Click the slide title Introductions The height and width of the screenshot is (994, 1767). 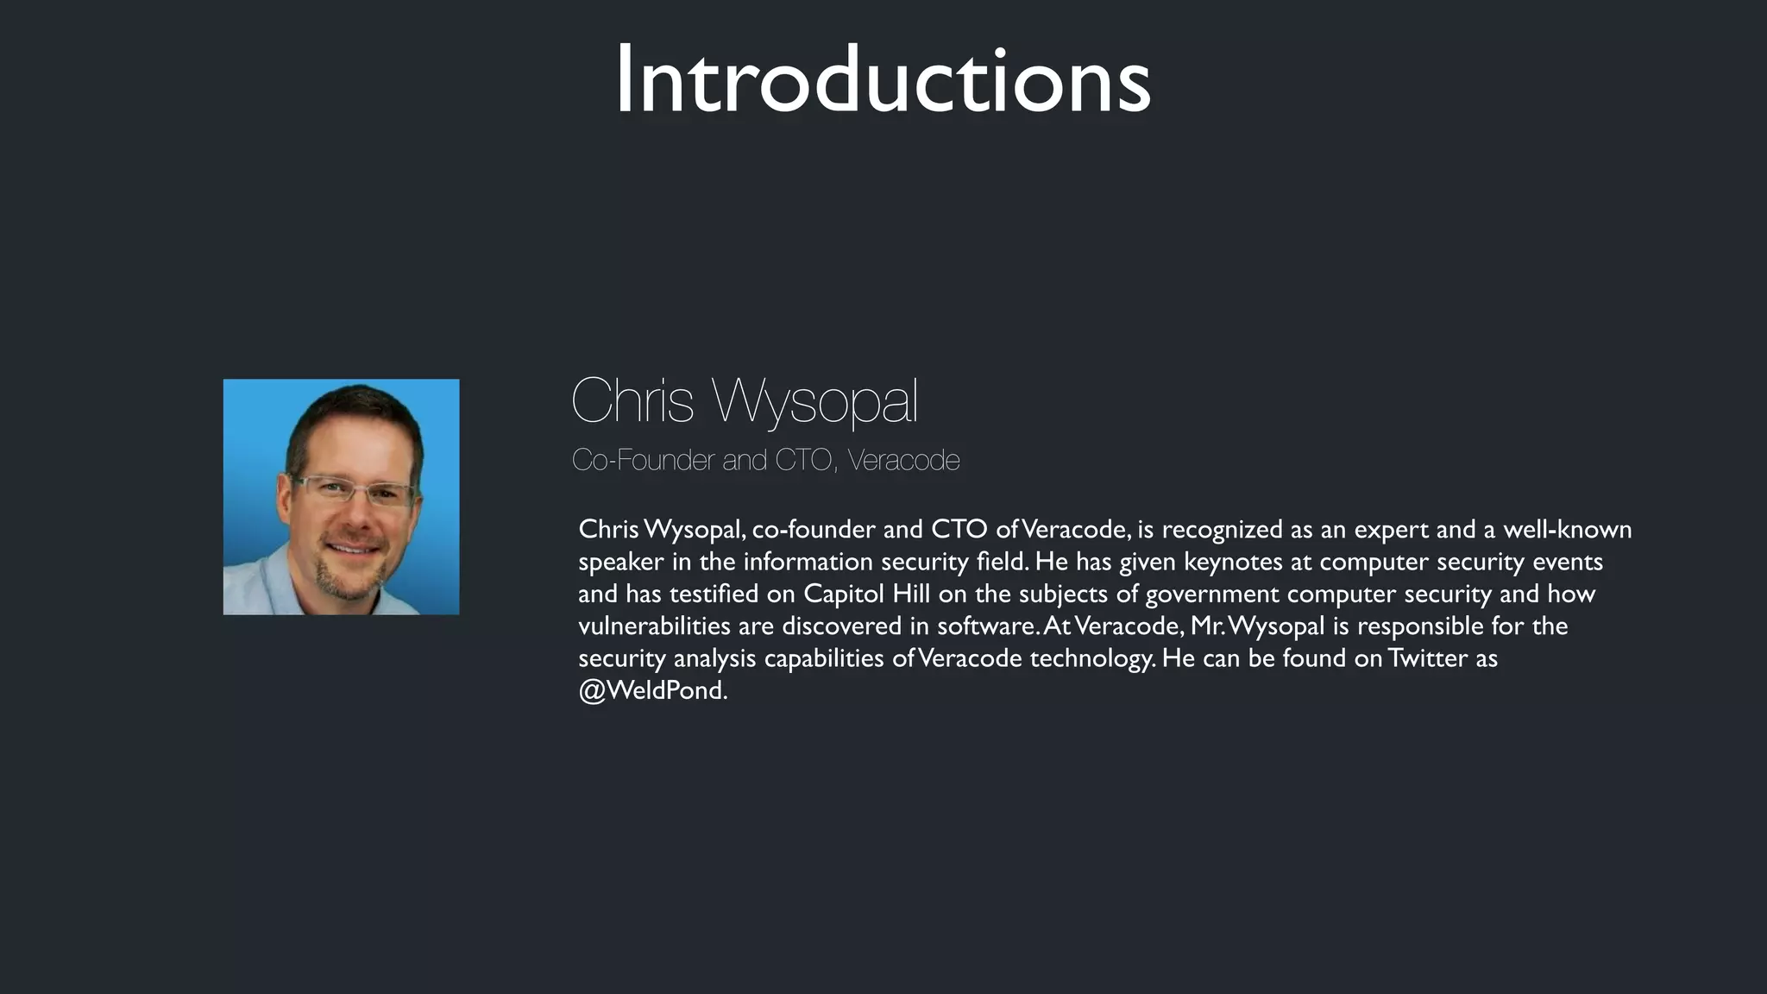pyautogui.click(x=883, y=80)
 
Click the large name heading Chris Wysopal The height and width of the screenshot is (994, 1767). pyautogui.click(x=744, y=401)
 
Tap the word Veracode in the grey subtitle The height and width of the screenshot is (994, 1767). pyautogui.click(x=903, y=460)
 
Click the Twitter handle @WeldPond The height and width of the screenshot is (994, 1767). pyautogui.click(x=652, y=690)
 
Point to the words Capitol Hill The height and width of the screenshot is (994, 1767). pyautogui.click(x=866, y=594)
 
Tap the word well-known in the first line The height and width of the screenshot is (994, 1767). pyautogui.click(x=1567, y=529)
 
